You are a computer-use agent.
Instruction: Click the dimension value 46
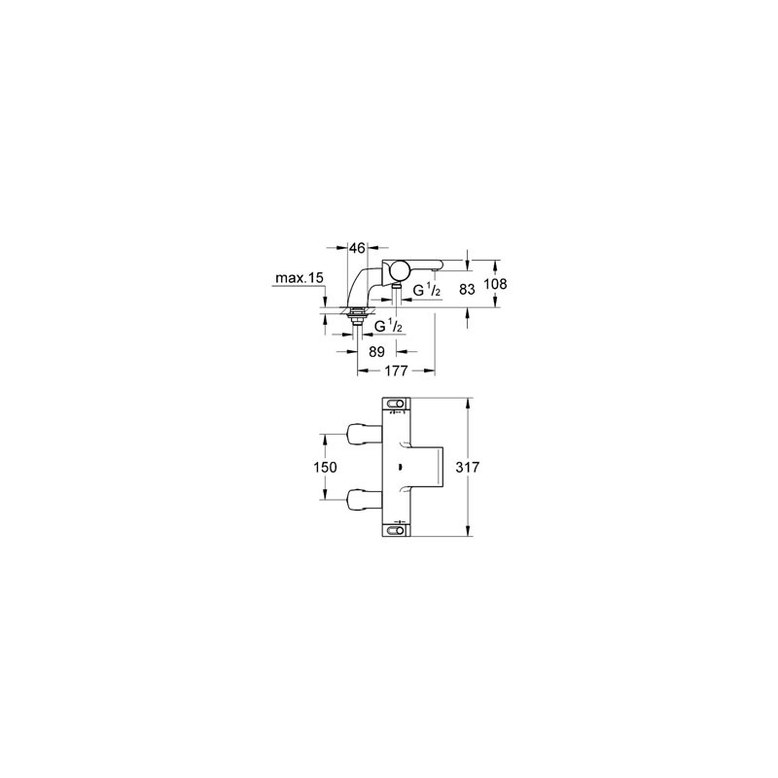tap(357, 248)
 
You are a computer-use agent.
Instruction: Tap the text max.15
tap(300, 278)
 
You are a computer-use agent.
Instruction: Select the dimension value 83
tap(467, 289)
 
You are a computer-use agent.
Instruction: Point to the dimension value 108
tap(496, 284)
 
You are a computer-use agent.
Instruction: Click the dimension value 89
tap(377, 352)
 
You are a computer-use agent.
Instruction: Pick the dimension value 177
tap(396, 371)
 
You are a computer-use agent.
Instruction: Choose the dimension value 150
tap(325, 467)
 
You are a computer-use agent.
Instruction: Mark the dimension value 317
tap(468, 467)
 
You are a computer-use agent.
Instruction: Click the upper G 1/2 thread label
tap(427, 291)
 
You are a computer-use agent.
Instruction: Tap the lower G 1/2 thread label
tap(388, 327)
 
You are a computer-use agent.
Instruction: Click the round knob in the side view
tap(399, 271)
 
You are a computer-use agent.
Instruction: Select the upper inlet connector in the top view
tap(365, 434)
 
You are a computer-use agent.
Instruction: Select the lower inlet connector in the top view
tap(365, 500)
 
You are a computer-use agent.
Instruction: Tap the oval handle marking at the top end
tap(396, 403)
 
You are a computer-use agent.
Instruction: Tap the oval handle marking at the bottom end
tap(396, 531)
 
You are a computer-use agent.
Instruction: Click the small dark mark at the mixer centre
tap(400, 467)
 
